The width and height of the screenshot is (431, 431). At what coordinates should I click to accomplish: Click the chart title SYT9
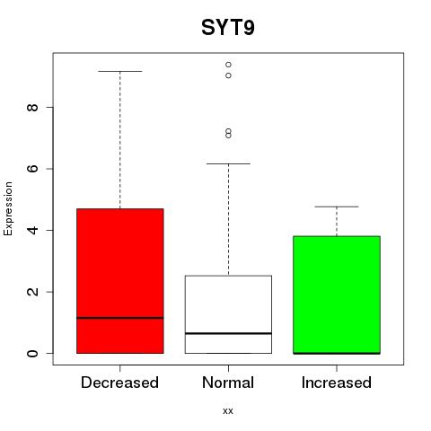(228, 28)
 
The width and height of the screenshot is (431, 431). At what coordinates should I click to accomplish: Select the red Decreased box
(120, 281)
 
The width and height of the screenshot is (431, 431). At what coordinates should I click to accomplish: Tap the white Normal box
(228, 314)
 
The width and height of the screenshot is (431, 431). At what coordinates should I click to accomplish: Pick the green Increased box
(337, 295)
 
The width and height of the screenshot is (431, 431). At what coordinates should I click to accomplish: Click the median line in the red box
(120, 318)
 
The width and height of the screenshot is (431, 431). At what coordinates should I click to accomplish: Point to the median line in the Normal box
(228, 333)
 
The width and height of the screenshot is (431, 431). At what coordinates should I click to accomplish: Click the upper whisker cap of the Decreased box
(120, 71)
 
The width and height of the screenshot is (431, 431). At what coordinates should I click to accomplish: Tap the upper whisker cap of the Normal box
(228, 163)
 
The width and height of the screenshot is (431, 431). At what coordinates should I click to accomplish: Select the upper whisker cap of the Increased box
(337, 207)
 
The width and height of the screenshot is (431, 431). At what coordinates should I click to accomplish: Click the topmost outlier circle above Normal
(228, 65)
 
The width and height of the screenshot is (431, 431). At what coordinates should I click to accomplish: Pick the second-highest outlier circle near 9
(228, 75)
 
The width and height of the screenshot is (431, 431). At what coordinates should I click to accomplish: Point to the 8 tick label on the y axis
(32, 107)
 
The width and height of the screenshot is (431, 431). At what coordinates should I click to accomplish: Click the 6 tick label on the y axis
(32, 169)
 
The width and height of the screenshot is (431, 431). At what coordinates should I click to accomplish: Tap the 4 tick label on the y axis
(32, 230)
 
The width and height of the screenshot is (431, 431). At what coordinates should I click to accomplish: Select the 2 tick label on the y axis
(32, 292)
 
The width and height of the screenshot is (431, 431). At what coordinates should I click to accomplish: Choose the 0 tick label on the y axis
(32, 353)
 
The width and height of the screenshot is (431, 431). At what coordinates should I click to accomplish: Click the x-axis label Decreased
(119, 383)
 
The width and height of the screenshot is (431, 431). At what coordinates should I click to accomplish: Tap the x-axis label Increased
(337, 383)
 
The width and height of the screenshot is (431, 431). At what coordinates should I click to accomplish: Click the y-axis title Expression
(8, 208)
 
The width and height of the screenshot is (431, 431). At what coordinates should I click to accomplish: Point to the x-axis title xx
(228, 411)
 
